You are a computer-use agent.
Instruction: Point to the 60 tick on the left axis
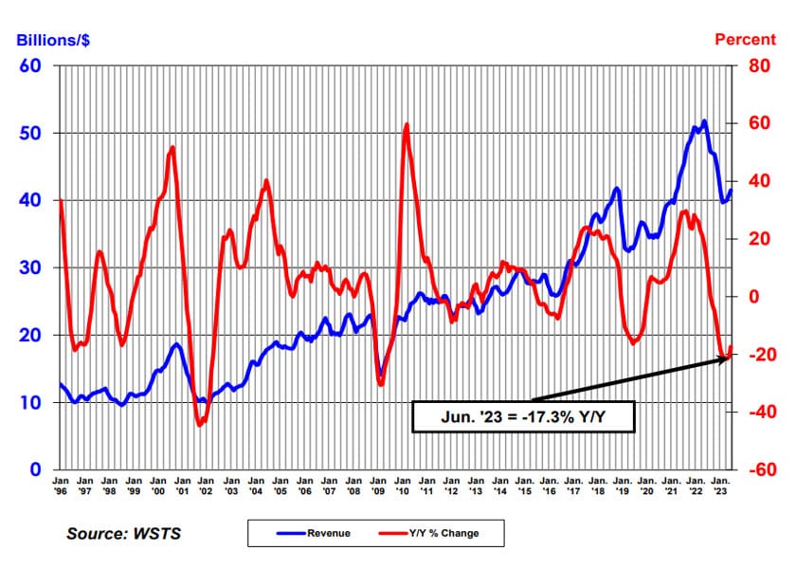(x=33, y=65)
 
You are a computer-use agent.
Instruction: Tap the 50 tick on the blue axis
(x=33, y=133)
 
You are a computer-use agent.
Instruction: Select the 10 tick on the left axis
(x=33, y=402)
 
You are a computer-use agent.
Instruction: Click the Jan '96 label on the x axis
(x=60, y=486)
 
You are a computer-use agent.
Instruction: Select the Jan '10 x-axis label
(x=402, y=486)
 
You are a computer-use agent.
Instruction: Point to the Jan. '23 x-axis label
(x=721, y=486)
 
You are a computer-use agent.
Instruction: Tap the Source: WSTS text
(x=123, y=533)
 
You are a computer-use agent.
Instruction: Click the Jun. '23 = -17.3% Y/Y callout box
(x=523, y=415)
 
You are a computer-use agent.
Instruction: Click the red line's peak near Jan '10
(x=407, y=124)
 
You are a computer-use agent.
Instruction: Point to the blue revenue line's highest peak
(x=704, y=120)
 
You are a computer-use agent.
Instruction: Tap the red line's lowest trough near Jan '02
(x=200, y=425)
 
